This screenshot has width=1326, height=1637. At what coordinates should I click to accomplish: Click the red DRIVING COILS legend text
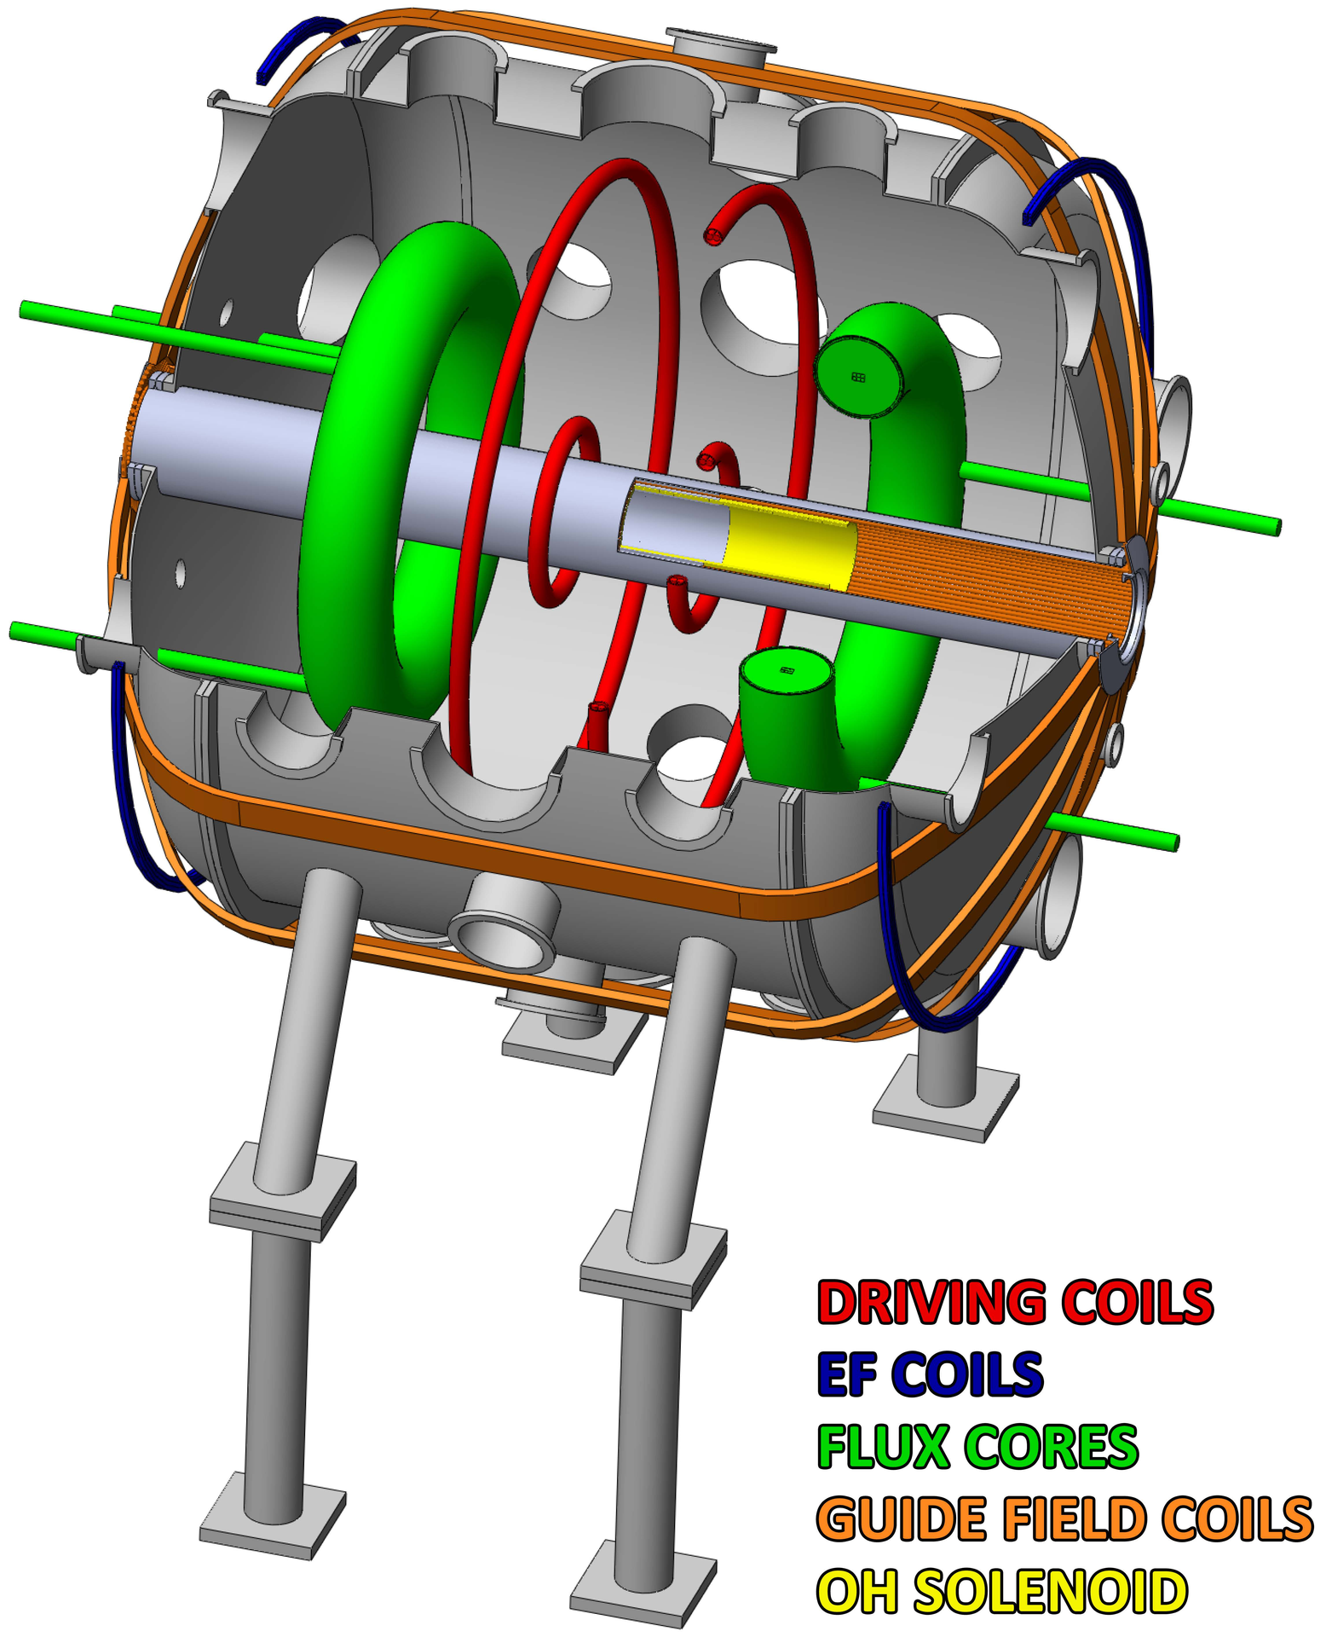tap(1014, 1302)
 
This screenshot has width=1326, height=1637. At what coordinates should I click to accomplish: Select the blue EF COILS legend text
tap(930, 1374)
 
